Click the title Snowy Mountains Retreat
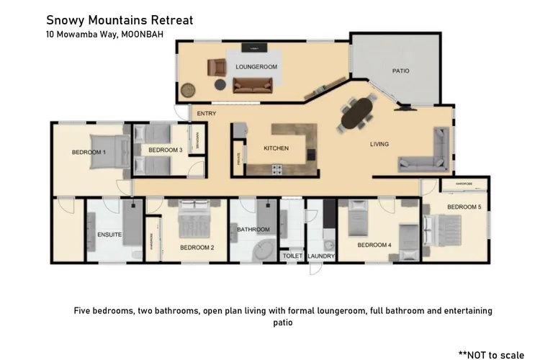(x=120, y=20)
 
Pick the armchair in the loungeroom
(x=216, y=68)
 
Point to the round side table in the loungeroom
(x=188, y=91)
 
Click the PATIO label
(x=400, y=71)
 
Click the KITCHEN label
(x=276, y=148)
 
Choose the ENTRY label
(x=207, y=113)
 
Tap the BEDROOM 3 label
(x=165, y=150)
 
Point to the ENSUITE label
(x=109, y=235)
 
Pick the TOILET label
(x=292, y=256)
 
